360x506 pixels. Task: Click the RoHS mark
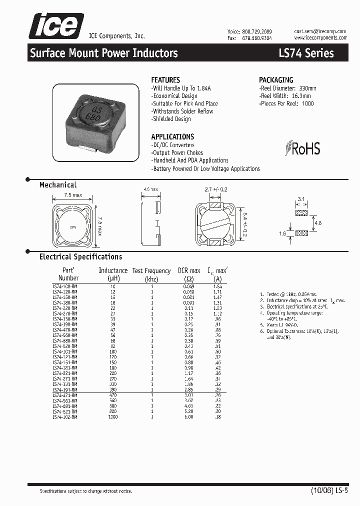pyautogui.click(x=303, y=148)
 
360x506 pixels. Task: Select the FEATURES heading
pyautogui.click(x=165, y=80)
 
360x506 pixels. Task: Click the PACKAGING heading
pyautogui.click(x=276, y=80)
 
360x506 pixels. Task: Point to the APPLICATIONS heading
pyautogui.click(x=172, y=136)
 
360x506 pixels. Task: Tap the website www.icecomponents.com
pyautogui.click(x=320, y=37)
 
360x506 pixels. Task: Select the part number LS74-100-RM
pyautogui.click(x=65, y=285)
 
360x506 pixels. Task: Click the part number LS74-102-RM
pyautogui.click(x=65, y=416)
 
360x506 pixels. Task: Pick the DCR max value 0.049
pyautogui.click(x=188, y=285)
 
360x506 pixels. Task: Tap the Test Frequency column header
pyautogui.click(x=151, y=274)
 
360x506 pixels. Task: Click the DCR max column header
pyautogui.click(x=189, y=274)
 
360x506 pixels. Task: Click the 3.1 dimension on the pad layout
pyautogui.click(x=301, y=199)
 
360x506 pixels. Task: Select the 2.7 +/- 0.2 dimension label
pyautogui.click(x=216, y=190)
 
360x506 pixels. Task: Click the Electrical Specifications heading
pyautogui.click(x=80, y=257)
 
